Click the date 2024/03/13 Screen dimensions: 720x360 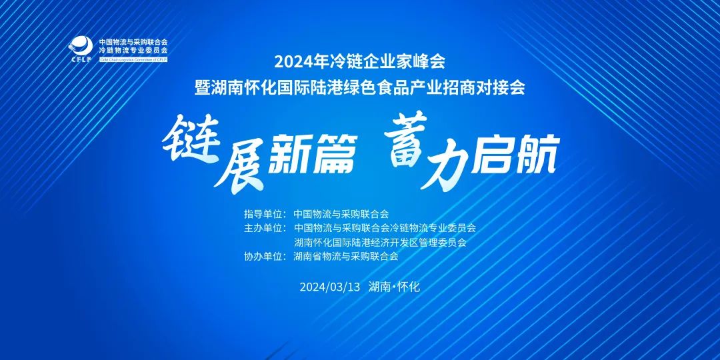[329, 287]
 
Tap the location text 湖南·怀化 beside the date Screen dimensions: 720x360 [394, 287]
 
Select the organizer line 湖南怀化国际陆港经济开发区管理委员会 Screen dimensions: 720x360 [380, 242]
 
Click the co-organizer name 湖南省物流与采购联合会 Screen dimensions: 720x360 [346, 256]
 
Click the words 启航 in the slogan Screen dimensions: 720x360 [514, 155]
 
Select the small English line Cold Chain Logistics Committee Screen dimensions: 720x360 [133, 59]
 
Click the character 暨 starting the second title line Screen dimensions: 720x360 [202, 87]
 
